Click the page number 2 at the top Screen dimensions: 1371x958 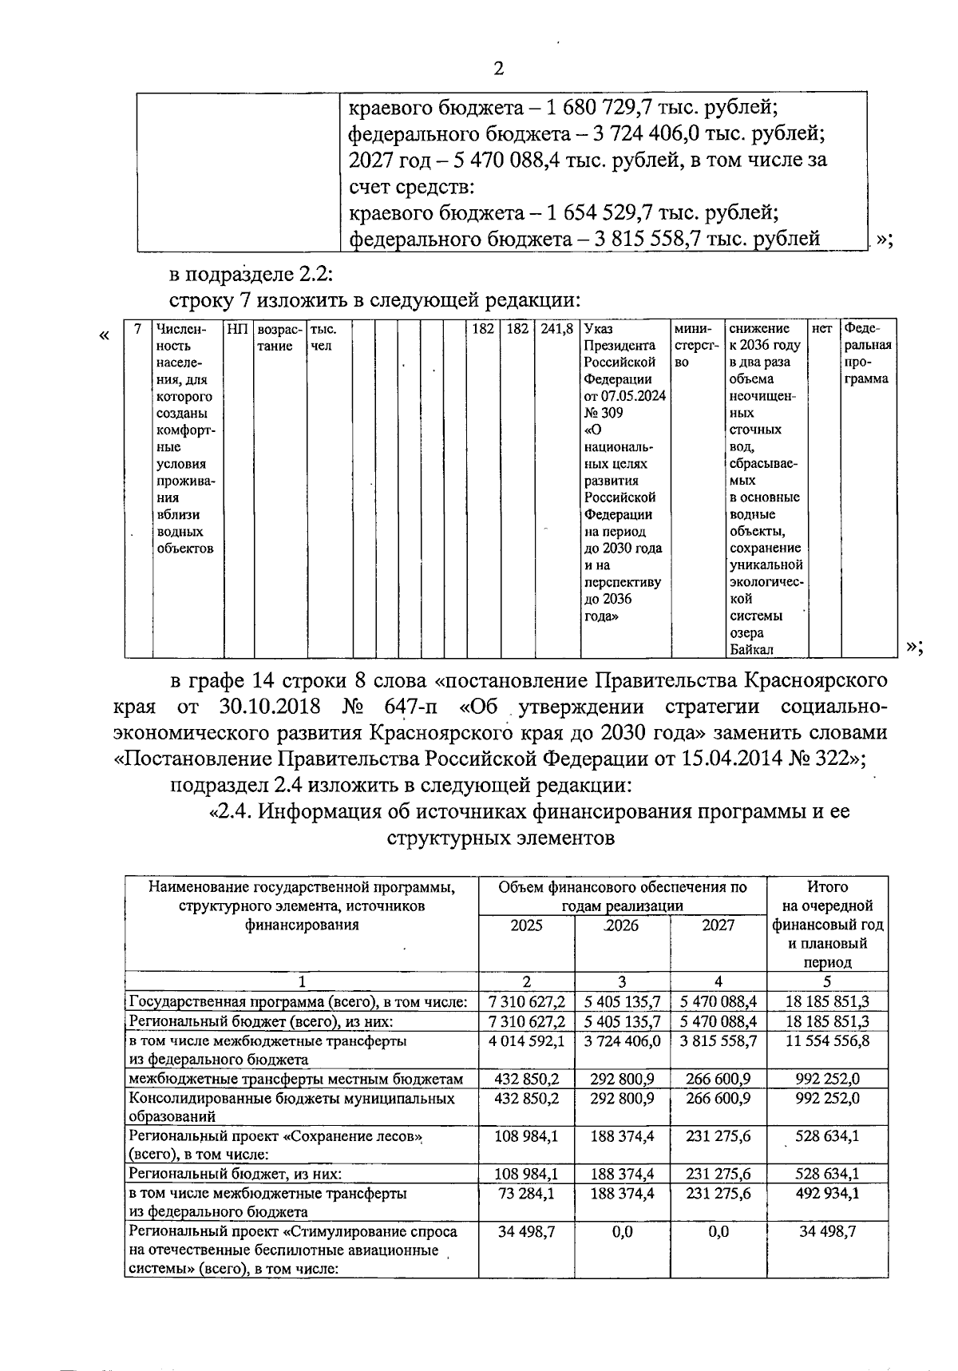point(498,69)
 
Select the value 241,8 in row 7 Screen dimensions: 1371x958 point(556,329)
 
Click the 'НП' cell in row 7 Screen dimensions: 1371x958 point(237,329)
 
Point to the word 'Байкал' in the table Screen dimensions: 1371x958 point(750,649)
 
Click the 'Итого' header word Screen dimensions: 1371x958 point(827,886)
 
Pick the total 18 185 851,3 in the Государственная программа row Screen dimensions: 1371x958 point(827,1001)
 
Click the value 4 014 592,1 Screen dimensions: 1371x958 point(527,1041)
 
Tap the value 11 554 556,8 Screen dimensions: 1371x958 point(827,1041)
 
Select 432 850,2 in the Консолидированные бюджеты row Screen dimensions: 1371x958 point(527,1098)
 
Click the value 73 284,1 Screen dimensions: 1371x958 point(527,1193)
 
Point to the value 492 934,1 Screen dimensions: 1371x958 point(827,1193)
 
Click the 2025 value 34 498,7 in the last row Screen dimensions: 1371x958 point(527,1231)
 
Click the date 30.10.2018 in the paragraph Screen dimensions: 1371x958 point(268,707)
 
